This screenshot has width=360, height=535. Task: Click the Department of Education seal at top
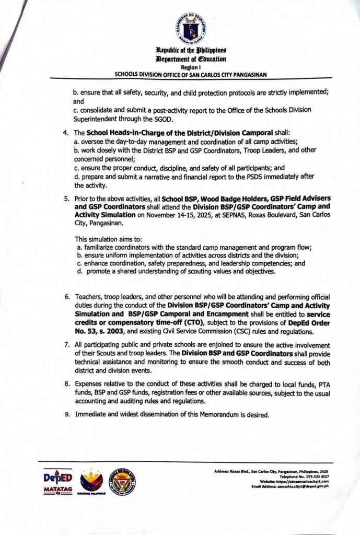tap(190, 29)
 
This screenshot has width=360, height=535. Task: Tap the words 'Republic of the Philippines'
tap(190, 51)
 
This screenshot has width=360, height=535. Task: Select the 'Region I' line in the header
tap(190, 68)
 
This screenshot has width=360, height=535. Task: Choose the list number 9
tap(66, 415)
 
